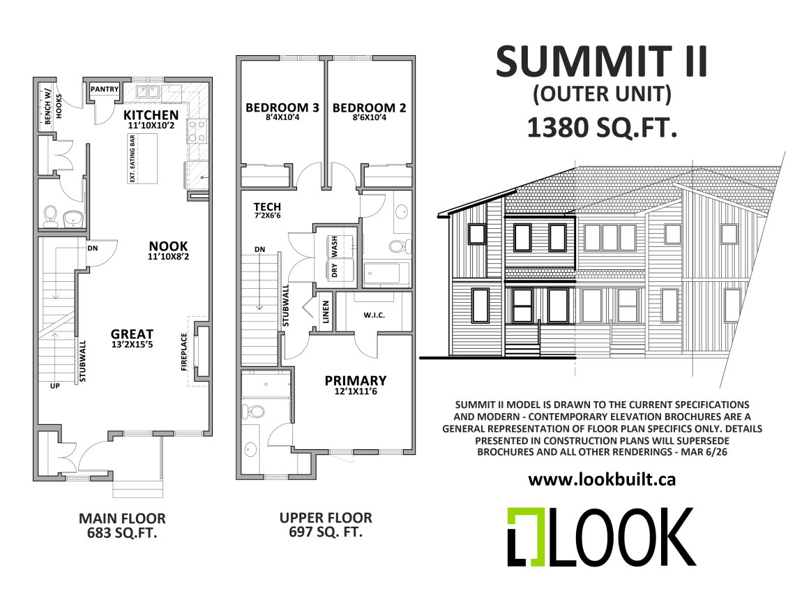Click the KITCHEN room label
151,115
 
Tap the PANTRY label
105,89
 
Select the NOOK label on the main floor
168,246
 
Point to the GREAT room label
132,335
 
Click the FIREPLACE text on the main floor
185,352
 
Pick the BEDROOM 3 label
282,108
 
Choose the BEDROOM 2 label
369,108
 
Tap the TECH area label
267,207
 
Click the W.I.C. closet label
374,315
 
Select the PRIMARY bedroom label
355,381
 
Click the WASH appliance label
335,245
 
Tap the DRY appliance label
335,270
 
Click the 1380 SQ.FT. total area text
602,128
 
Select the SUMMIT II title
601,61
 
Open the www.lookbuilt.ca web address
602,479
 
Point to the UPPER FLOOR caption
326,518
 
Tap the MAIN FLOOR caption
122,519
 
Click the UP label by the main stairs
54,384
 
